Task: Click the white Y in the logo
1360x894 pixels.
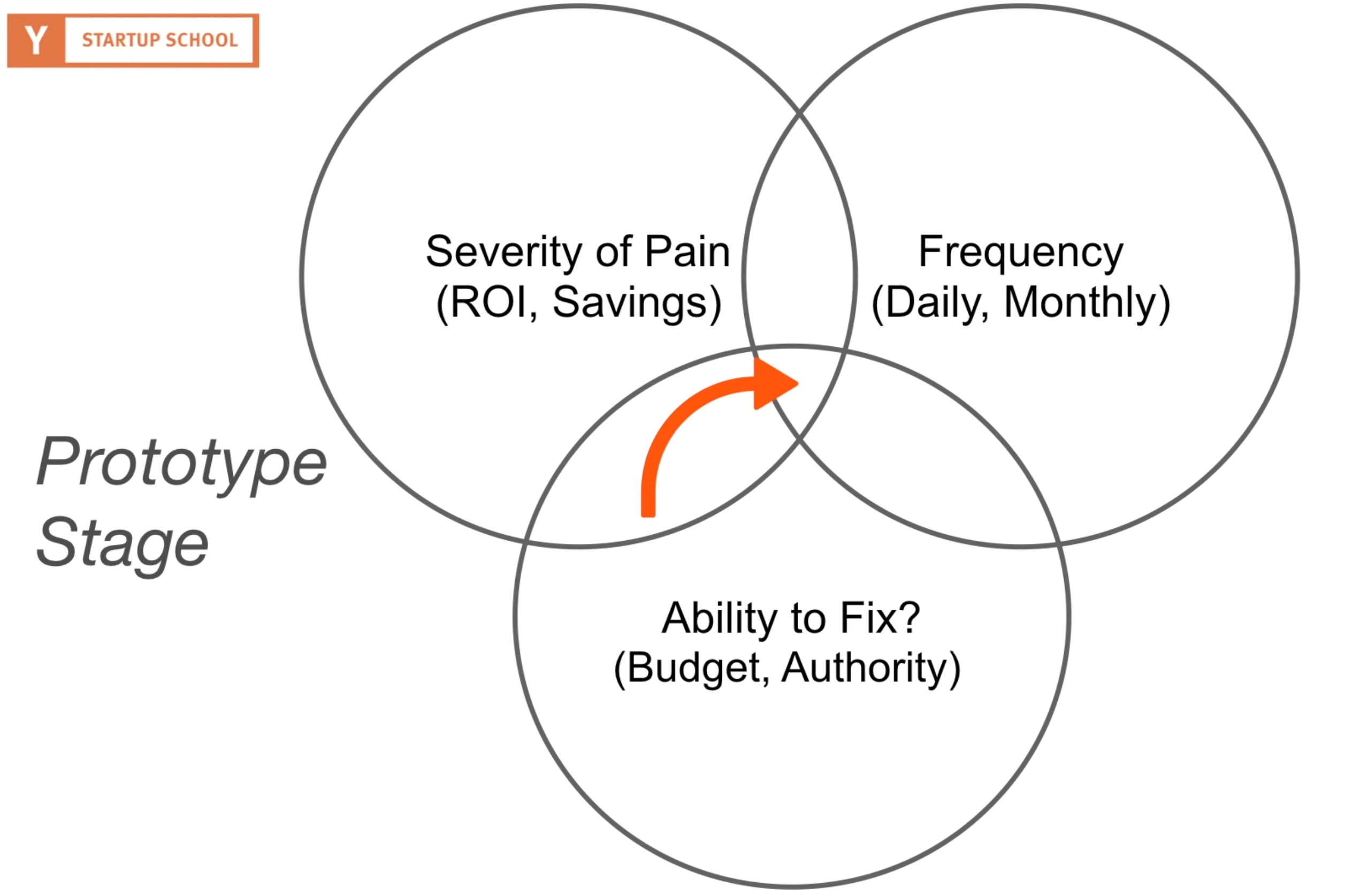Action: pos(36,40)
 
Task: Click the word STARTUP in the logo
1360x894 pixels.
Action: pos(120,40)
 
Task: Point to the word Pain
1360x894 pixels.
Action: pos(687,251)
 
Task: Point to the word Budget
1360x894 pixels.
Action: pos(695,669)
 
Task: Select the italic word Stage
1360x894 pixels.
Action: pos(123,544)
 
